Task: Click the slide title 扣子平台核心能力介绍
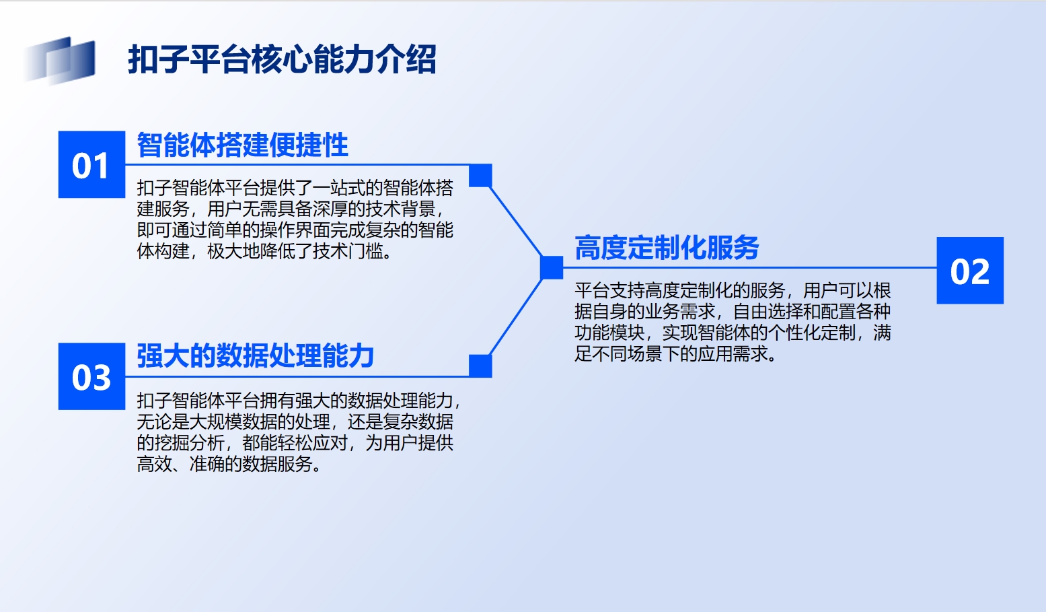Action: pos(282,59)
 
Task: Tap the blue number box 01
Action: pos(91,164)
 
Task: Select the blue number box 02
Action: pos(970,271)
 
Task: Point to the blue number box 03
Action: pos(91,376)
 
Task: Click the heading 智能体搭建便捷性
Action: pos(242,145)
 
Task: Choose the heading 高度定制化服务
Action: pos(667,247)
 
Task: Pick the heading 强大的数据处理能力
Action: pos(256,355)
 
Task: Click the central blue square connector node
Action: pos(552,267)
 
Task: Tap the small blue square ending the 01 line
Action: pos(480,175)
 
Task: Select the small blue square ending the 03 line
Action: pos(480,366)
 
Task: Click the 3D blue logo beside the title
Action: pos(59,61)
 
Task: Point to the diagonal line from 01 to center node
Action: pos(516,222)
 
